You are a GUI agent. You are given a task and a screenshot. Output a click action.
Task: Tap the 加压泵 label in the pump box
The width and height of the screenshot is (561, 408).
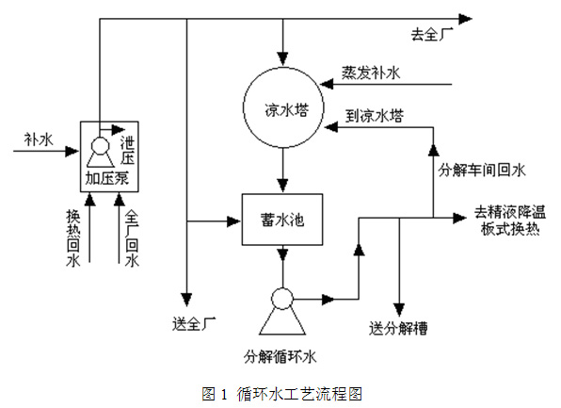pyautogui.click(x=106, y=178)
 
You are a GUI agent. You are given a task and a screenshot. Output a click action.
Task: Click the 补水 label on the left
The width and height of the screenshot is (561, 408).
pyautogui.click(x=39, y=139)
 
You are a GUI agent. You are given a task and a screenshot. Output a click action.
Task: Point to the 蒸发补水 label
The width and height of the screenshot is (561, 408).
pyautogui.click(x=370, y=73)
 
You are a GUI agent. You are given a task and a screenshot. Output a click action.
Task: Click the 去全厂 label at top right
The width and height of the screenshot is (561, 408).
pyautogui.click(x=432, y=34)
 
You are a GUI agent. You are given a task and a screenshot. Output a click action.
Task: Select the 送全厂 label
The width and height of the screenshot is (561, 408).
pyautogui.click(x=194, y=324)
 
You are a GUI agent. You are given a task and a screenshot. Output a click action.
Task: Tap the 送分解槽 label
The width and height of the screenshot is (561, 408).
pyautogui.click(x=398, y=328)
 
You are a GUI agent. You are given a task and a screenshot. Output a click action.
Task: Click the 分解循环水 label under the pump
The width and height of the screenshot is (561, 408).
pyautogui.click(x=280, y=357)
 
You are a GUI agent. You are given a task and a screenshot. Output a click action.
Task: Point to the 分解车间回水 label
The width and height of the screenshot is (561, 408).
pyautogui.click(x=482, y=170)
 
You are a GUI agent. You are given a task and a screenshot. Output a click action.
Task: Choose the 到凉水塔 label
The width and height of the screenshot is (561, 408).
pyautogui.click(x=375, y=116)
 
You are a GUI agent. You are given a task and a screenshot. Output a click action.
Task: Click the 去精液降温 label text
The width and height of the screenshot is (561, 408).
pyautogui.click(x=510, y=212)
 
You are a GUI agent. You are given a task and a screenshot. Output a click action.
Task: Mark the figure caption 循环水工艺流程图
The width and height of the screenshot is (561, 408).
pyautogui.click(x=299, y=394)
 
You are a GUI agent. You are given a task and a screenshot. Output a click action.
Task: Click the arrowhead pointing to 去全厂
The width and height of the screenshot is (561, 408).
pyautogui.click(x=466, y=19)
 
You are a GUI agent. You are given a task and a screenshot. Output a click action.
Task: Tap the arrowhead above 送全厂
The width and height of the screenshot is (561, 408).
pyautogui.click(x=186, y=300)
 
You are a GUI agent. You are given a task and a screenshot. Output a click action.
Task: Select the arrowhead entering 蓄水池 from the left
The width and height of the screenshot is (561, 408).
pyautogui.click(x=234, y=221)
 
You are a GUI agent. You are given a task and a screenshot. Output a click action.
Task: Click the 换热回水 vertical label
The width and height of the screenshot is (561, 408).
pyautogui.click(x=73, y=238)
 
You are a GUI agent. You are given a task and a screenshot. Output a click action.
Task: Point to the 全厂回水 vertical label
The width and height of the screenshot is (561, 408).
pyautogui.click(x=132, y=238)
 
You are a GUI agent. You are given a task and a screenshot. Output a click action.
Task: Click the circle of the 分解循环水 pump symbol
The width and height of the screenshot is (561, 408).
pyautogui.click(x=282, y=299)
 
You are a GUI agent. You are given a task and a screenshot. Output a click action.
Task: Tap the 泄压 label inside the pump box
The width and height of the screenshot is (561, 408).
pyautogui.click(x=127, y=151)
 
